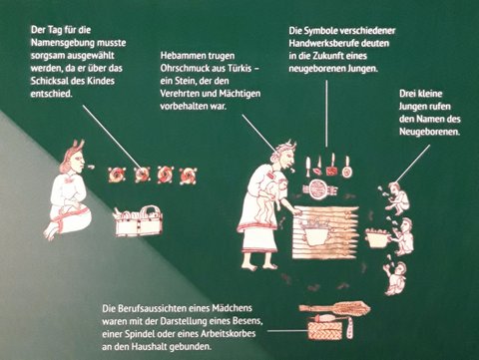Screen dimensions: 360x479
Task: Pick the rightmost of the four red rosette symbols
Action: tap(188, 176)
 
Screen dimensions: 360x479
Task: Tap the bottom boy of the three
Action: tap(395, 276)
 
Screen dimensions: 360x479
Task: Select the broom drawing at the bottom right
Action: tap(334, 308)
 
